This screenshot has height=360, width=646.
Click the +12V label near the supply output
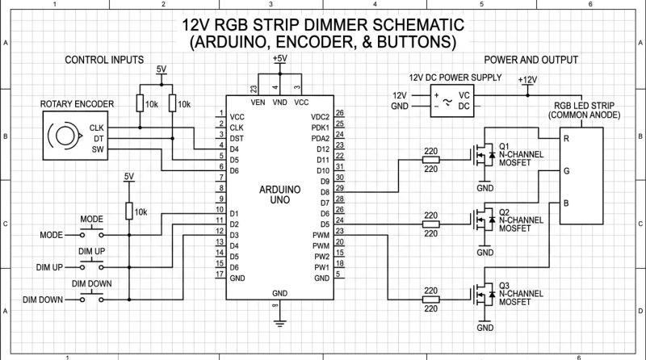(x=526, y=80)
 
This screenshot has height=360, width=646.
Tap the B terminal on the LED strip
(x=566, y=202)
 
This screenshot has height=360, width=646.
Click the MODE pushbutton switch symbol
(x=91, y=235)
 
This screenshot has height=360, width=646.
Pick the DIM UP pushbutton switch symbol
(x=91, y=266)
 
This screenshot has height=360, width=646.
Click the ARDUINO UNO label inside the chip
(x=279, y=193)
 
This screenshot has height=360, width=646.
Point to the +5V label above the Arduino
(x=279, y=60)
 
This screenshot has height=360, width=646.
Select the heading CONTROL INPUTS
(x=103, y=61)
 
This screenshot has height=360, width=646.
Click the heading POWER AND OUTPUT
(x=531, y=61)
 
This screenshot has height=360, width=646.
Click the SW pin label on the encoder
(x=98, y=149)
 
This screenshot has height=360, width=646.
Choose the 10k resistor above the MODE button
(x=128, y=211)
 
